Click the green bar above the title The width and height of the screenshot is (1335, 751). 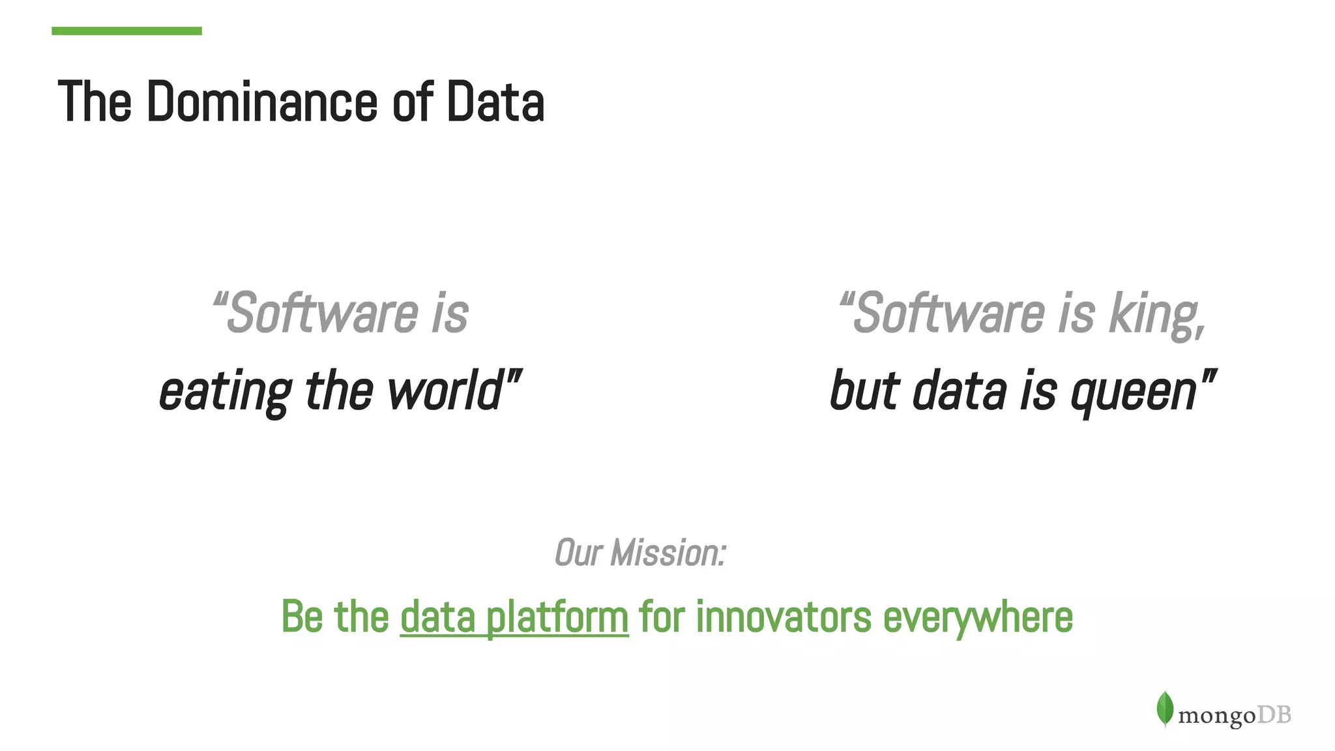click(126, 31)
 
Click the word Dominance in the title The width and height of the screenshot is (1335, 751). click(261, 102)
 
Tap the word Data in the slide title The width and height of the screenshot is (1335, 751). click(495, 102)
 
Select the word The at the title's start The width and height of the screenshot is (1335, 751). click(95, 102)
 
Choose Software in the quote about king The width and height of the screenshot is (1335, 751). click(948, 314)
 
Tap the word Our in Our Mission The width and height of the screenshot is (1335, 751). click(578, 553)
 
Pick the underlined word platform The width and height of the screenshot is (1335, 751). click(557, 617)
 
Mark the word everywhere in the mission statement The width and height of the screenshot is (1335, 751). click(977, 617)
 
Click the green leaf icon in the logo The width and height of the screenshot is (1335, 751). click(1165, 709)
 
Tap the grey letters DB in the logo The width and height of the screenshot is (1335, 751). click(1274, 715)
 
